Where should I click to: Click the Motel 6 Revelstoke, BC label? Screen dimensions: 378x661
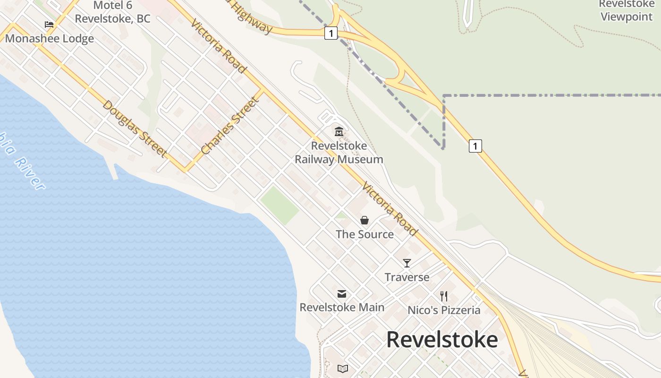112,12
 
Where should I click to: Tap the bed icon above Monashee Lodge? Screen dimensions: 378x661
49,25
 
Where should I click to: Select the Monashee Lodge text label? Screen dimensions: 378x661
50,39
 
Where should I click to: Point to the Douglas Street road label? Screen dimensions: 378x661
135,129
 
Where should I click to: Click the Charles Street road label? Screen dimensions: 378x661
231,126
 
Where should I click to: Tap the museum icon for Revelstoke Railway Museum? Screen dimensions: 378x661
339,131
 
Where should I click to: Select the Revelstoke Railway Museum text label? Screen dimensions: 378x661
339,153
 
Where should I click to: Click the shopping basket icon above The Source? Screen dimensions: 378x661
364,220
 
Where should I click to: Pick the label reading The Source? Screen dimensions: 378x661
364,234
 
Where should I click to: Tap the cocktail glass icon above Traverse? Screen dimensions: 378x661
407,263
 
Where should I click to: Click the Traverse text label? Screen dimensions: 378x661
407,277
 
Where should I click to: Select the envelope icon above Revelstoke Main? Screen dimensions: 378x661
342,294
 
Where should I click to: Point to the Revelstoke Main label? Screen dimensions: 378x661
342,308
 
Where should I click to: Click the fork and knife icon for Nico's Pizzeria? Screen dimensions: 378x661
444,296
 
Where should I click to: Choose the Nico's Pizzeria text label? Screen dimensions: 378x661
444,310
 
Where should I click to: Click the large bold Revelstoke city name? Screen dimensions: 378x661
442,340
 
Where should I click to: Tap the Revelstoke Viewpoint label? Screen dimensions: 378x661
626,11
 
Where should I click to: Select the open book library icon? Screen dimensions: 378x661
343,369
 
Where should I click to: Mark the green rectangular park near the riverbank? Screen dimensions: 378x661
280,205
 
